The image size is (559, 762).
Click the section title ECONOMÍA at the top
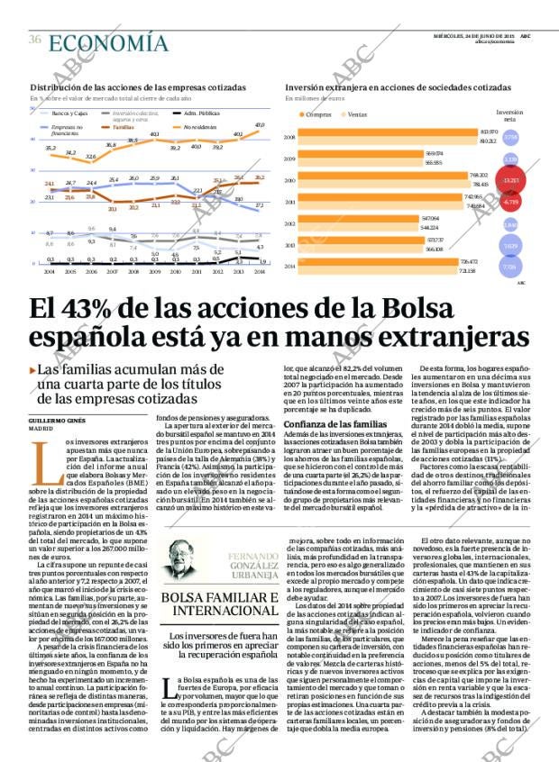coord(108,43)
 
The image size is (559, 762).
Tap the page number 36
coord(35,40)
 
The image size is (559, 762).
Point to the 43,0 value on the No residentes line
coord(260,125)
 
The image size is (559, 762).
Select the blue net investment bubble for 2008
coord(510,138)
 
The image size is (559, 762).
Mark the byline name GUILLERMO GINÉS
coord(57,421)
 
